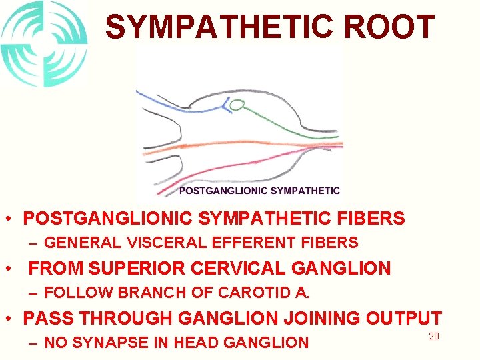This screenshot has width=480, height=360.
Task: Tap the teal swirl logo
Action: click(44, 44)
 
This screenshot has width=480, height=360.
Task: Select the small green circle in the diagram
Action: click(236, 104)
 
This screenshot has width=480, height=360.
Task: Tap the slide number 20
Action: click(433, 337)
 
